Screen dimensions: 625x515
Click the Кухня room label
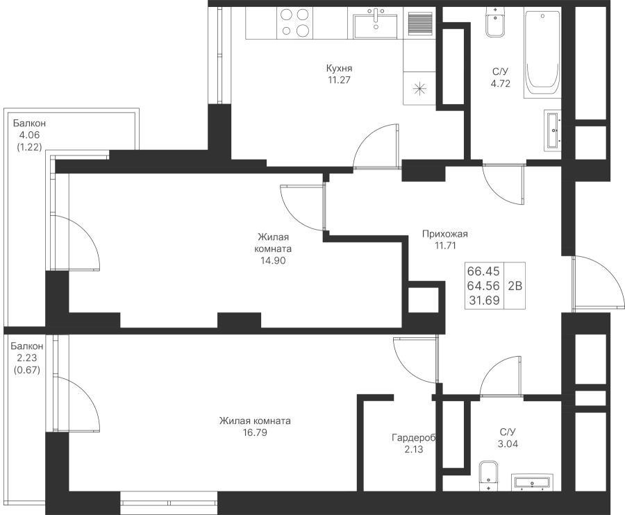339,68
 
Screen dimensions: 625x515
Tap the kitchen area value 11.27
339,80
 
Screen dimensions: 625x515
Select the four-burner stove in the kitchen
295,23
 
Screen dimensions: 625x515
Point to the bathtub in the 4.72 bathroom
542,53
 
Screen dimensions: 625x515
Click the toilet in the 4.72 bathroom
495,22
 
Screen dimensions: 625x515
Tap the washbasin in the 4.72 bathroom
553,130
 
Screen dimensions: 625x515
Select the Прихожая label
445,234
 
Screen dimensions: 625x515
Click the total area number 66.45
483,271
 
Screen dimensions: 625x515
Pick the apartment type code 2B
515,285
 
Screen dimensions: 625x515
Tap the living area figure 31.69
484,301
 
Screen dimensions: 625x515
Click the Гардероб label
414,438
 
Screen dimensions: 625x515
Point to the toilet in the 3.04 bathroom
489,476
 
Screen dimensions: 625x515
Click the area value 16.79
255,432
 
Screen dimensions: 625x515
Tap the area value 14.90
273,260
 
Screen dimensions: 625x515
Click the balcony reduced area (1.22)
29,147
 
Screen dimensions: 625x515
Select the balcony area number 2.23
27,357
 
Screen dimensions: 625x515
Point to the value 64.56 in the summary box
483,285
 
